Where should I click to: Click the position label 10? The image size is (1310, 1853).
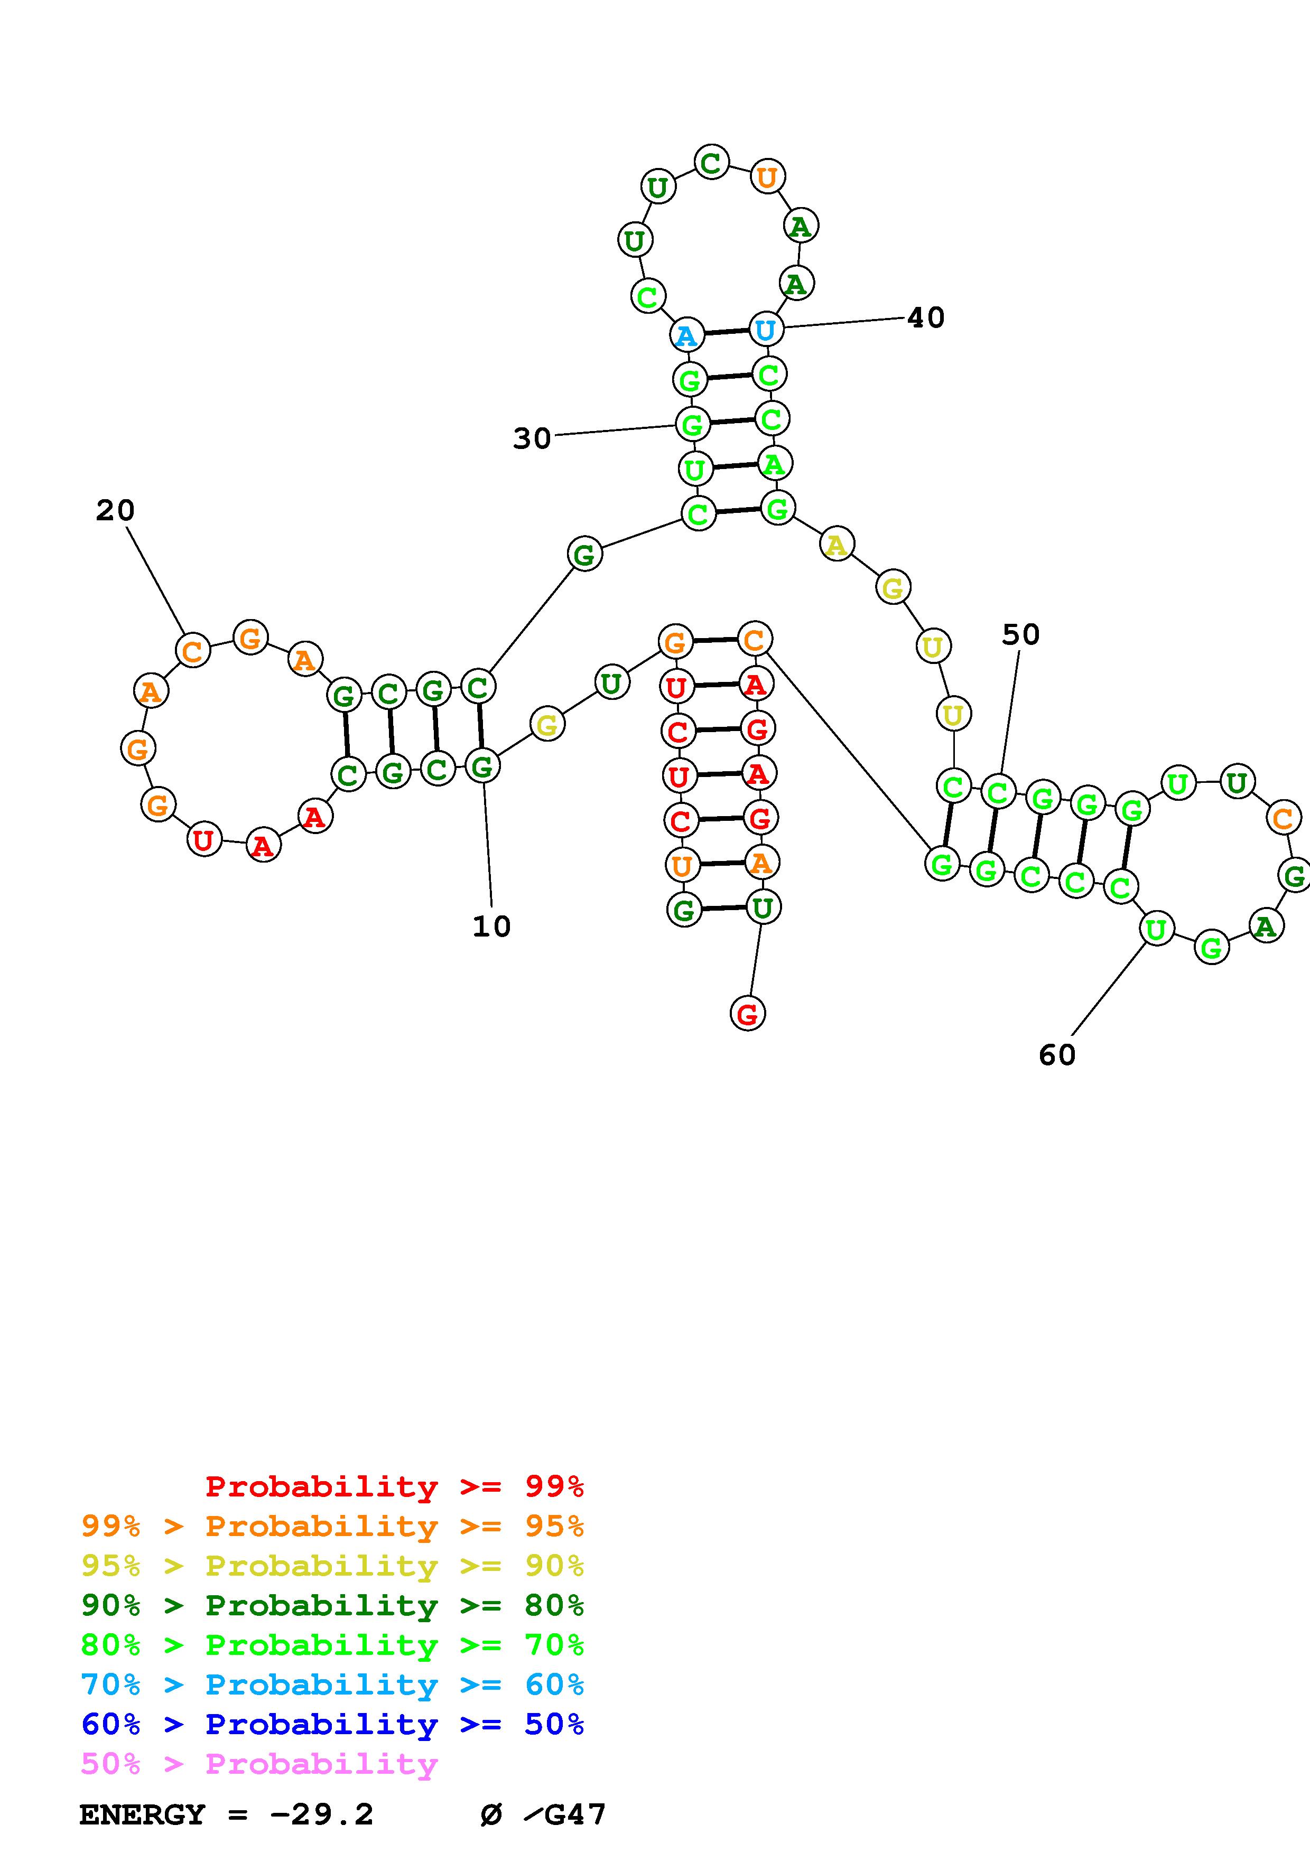point(491,926)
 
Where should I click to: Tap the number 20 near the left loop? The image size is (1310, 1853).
point(115,510)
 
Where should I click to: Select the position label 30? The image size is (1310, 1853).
point(532,439)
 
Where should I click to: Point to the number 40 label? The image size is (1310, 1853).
point(926,318)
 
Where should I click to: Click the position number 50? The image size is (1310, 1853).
point(1020,635)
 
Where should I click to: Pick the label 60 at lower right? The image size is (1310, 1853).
point(1056,1055)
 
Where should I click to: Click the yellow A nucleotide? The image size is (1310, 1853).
point(837,545)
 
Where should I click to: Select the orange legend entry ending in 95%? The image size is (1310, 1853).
point(332,1526)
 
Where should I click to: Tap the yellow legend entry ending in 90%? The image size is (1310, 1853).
point(332,1566)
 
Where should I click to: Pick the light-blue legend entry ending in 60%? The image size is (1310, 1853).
point(332,1684)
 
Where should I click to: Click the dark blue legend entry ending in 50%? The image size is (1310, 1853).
point(332,1724)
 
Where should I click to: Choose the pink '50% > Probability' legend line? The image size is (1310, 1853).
point(259,1763)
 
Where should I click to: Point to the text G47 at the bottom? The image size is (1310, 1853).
point(575,1815)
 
